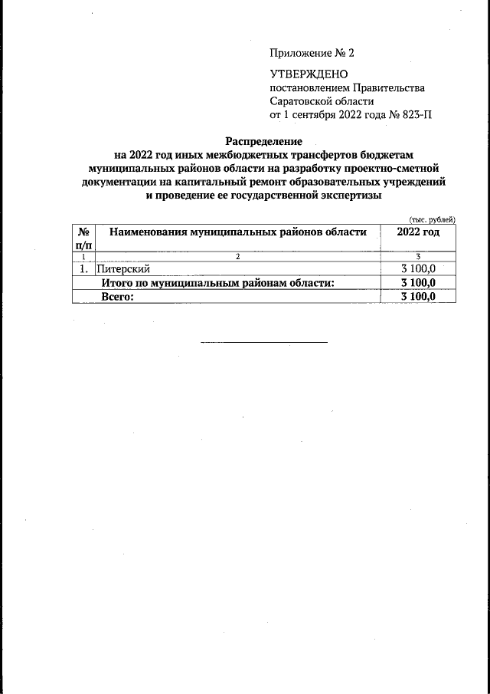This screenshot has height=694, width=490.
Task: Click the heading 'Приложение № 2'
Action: click(x=312, y=53)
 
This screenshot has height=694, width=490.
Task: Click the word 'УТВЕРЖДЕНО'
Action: click(x=309, y=74)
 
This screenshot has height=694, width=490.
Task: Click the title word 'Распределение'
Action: click(x=263, y=141)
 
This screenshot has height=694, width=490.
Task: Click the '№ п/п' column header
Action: click(x=83, y=238)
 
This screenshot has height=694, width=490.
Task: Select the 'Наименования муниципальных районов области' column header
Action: click(x=237, y=232)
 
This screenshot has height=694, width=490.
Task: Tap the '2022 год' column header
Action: click(x=418, y=232)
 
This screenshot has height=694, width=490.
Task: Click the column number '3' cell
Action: click(x=418, y=256)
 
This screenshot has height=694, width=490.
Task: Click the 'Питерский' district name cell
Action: click(x=122, y=269)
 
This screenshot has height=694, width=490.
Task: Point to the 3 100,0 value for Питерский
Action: click(x=418, y=269)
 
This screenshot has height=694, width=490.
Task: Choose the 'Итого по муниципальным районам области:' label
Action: click(x=218, y=283)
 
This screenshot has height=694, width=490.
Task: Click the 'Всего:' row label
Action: click(x=118, y=297)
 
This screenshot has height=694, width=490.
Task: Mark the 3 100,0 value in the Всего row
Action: click(x=418, y=297)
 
